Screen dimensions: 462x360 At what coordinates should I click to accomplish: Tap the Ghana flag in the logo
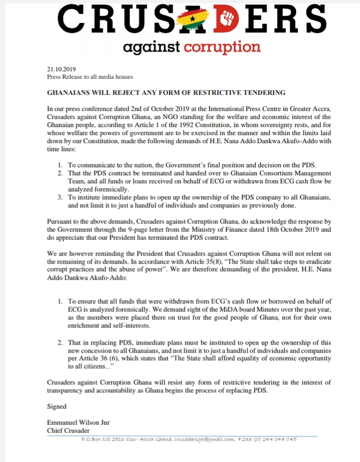(x=193, y=20)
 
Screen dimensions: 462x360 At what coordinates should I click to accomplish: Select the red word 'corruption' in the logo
(x=222, y=47)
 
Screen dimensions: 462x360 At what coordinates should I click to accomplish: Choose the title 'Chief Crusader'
(x=68, y=430)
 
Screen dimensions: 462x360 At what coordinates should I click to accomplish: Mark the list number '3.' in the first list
(x=60, y=197)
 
